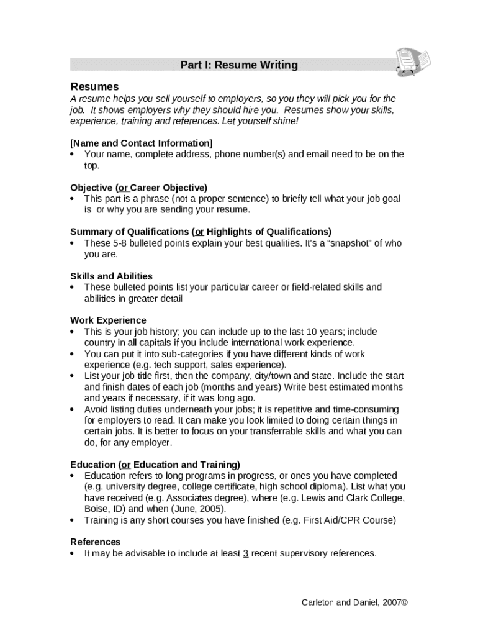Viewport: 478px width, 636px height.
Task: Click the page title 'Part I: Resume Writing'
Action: [239, 65]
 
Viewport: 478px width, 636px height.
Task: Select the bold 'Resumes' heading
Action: [94, 86]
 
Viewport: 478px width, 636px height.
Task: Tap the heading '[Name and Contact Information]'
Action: [142, 143]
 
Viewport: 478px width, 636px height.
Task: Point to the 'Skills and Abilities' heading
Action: [111, 276]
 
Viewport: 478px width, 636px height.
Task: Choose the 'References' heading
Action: [95, 542]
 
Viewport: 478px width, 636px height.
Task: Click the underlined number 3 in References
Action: [246, 553]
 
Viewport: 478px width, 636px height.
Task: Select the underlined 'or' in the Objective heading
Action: [123, 188]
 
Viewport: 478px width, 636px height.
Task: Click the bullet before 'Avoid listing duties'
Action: [73, 410]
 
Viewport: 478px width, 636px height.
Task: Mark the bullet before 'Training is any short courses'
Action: [73, 520]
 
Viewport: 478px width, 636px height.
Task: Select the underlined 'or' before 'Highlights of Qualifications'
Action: [199, 232]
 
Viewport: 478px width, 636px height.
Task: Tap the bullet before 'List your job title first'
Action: [73, 376]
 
